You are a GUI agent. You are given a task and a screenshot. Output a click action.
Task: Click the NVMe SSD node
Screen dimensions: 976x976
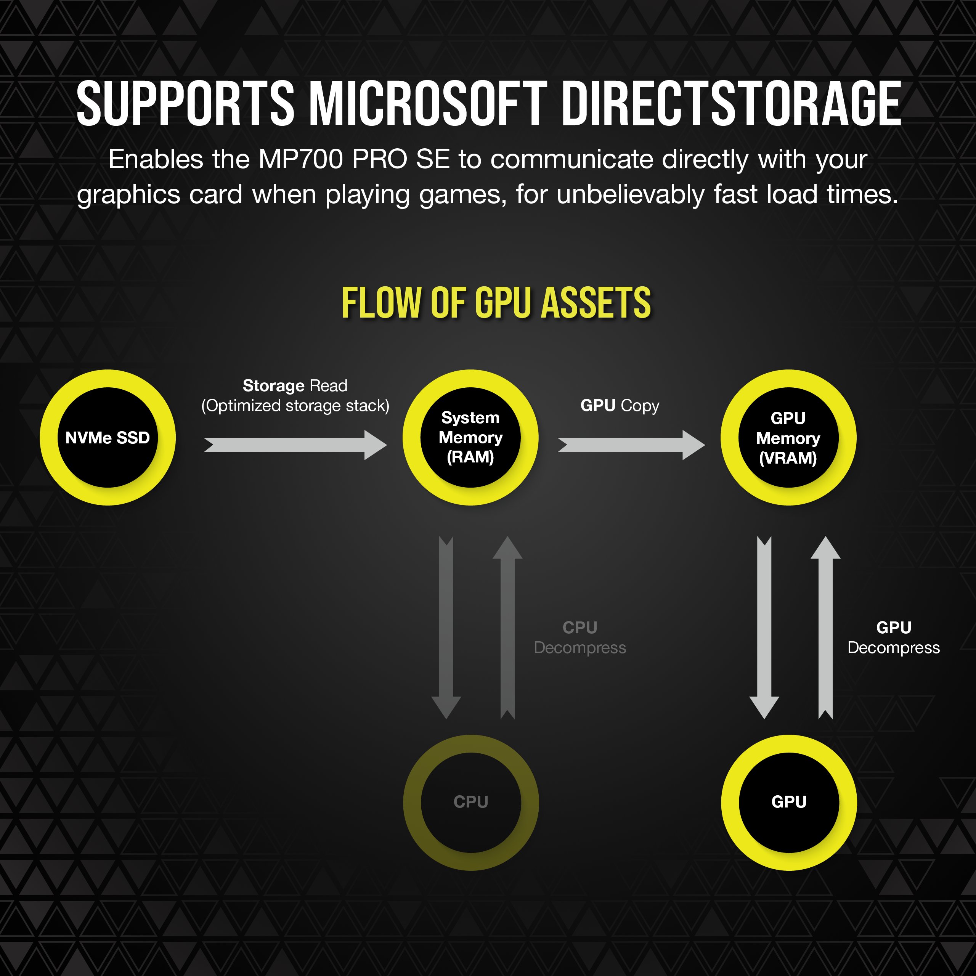coord(108,437)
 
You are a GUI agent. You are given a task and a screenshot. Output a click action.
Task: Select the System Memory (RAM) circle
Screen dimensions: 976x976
coord(470,437)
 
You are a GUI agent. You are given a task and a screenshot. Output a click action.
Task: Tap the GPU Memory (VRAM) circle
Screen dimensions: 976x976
coord(788,437)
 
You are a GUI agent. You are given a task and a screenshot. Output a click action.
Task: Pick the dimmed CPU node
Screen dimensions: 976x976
coord(471,802)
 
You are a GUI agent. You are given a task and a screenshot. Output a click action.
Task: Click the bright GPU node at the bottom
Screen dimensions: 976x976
coord(788,802)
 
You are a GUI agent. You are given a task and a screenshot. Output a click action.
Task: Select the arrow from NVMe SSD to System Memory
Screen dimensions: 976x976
coord(295,445)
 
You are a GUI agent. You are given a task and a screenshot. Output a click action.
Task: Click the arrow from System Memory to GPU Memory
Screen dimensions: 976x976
coord(631,445)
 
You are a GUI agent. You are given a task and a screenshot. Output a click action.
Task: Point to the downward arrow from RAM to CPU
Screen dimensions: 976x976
coord(446,627)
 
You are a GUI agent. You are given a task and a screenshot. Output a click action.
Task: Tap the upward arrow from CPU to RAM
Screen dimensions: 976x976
coord(507,627)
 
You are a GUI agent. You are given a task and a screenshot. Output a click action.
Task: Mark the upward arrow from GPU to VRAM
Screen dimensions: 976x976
coord(825,627)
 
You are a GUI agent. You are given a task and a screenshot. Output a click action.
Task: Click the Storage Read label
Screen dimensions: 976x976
coord(295,386)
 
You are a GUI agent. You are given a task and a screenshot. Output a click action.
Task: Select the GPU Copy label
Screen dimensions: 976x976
coord(620,406)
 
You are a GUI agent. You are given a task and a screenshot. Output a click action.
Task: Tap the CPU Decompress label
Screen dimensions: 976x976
coord(580,637)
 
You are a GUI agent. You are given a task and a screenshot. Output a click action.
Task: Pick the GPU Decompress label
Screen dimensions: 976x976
coord(893,637)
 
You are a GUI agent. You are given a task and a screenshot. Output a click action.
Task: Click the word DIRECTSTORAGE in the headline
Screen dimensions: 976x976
coord(731,104)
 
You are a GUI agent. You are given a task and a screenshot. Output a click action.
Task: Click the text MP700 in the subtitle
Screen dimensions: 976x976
coord(302,160)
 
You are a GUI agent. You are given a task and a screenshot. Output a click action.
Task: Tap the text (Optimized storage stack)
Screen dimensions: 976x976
coord(295,406)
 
